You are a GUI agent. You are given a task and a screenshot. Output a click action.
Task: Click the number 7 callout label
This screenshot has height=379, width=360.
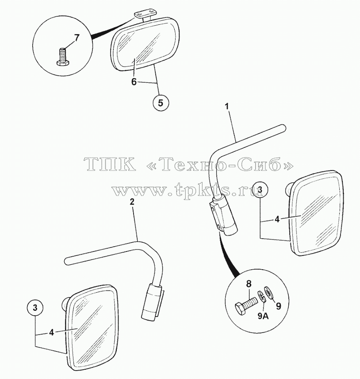pyautogui.click(x=77, y=38)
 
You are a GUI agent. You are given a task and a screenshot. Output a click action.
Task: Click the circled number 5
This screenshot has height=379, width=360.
pyautogui.click(x=161, y=103)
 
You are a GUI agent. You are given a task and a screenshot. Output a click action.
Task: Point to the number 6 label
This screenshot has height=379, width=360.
pyautogui.click(x=134, y=82)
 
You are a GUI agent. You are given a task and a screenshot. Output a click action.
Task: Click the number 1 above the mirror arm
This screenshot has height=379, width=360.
pyautogui.click(x=227, y=106)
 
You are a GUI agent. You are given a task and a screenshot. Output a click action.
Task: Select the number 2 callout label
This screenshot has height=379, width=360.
pyautogui.click(x=132, y=202)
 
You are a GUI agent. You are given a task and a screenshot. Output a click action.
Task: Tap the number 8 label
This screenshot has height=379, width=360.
pyautogui.click(x=249, y=284)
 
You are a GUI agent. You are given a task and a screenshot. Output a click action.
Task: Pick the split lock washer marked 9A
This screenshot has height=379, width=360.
pyautogui.click(x=263, y=295)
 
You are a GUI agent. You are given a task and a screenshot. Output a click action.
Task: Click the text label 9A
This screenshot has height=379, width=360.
pyautogui.click(x=263, y=316)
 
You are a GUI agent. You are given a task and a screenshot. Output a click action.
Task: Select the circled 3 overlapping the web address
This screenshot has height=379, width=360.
pyautogui.click(x=260, y=190)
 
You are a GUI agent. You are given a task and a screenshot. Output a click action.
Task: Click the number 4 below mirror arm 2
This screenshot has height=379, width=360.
pyautogui.click(x=51, y=333)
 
